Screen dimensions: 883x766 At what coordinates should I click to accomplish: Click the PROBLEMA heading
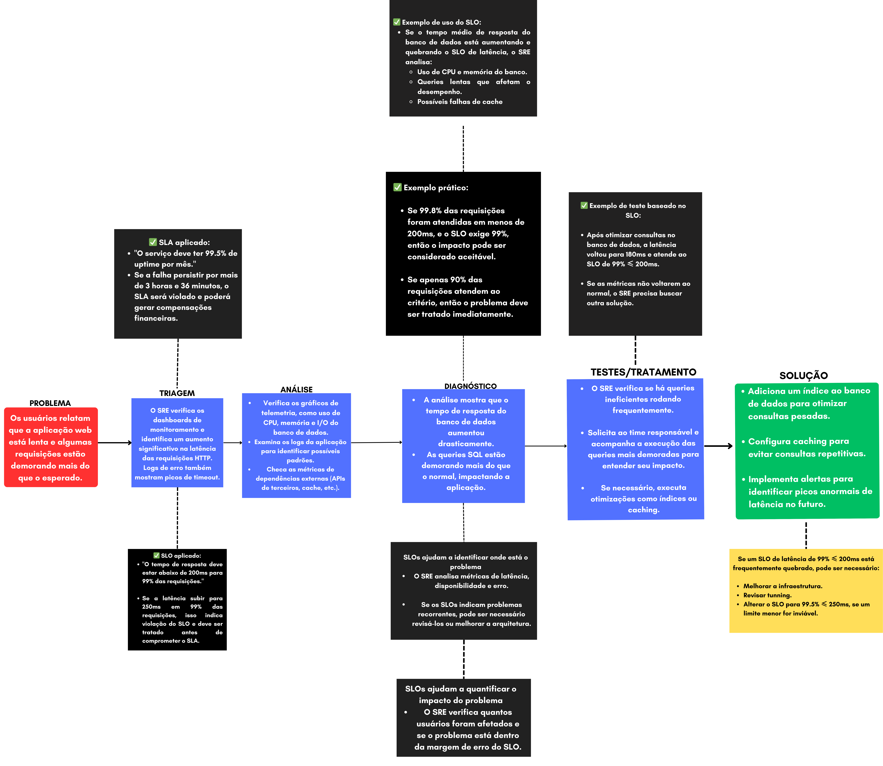coord(50,403)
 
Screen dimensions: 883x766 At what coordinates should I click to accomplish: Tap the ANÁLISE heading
coord(297,389)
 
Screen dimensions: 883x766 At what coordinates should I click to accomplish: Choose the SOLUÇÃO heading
coord(803,375)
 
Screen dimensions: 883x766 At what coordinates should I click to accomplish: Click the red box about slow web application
coord(51,447)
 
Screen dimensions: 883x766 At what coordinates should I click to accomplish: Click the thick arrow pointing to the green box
coord(718,446)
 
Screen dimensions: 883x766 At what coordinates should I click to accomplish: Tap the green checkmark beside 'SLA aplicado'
coord(153,242)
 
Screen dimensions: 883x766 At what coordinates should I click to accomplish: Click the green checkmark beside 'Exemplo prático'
coord(397,187)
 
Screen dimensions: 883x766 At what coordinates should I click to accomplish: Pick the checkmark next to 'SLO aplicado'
coord(157,555)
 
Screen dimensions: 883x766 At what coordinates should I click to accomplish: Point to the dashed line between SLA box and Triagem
coord(177,363)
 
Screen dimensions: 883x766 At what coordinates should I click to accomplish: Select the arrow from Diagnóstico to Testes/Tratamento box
coord(546,446)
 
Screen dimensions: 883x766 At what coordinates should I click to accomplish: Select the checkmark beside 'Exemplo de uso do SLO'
coord(397,22)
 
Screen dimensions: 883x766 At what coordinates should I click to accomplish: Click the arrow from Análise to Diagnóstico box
coord(376,442)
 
